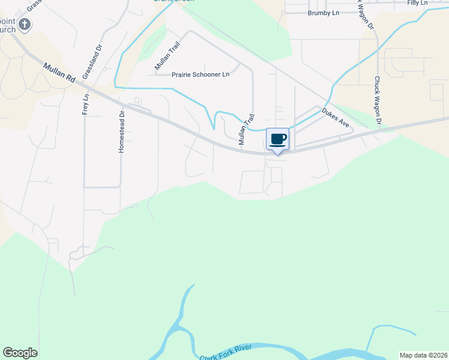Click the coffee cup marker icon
point(277,139)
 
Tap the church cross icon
point(24,25)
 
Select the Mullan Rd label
point(59,70)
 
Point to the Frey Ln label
point(86,104)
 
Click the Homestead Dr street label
point(121,131)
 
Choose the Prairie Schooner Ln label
point(200,75)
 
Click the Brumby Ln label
point(324,13)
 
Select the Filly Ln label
point(417,3)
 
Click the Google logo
point(20,353)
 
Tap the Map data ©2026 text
point(423,355)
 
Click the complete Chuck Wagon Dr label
point(378,101)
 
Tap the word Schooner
point(205,75)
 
